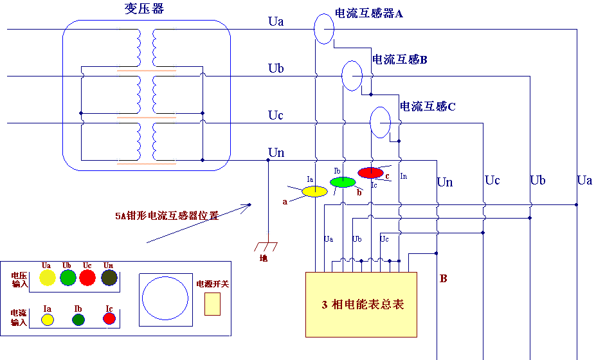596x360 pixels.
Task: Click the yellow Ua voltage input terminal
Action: [47, 277]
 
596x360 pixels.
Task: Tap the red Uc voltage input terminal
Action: [88, 277]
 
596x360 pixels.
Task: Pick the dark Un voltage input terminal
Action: [109, 277]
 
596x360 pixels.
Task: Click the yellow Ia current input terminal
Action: [46, 319]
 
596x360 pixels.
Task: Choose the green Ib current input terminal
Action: [78, 319]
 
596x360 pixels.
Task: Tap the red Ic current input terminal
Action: [109, 318]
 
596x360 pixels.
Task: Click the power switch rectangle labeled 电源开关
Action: [212, 303]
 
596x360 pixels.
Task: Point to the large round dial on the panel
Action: [165, 300]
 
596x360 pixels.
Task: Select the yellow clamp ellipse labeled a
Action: [315, 191]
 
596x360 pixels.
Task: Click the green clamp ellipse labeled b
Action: [343, 182]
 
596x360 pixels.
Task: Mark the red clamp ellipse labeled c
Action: [370, 172]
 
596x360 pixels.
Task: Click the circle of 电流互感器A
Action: [324, 28]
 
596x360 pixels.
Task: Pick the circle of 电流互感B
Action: [352, 75]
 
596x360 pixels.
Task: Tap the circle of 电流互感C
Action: [380, 122]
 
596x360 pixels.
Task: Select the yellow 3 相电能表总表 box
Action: [361, 304]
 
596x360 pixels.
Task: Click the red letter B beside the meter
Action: [444, 278]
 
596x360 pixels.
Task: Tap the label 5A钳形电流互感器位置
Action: [167, 216]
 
